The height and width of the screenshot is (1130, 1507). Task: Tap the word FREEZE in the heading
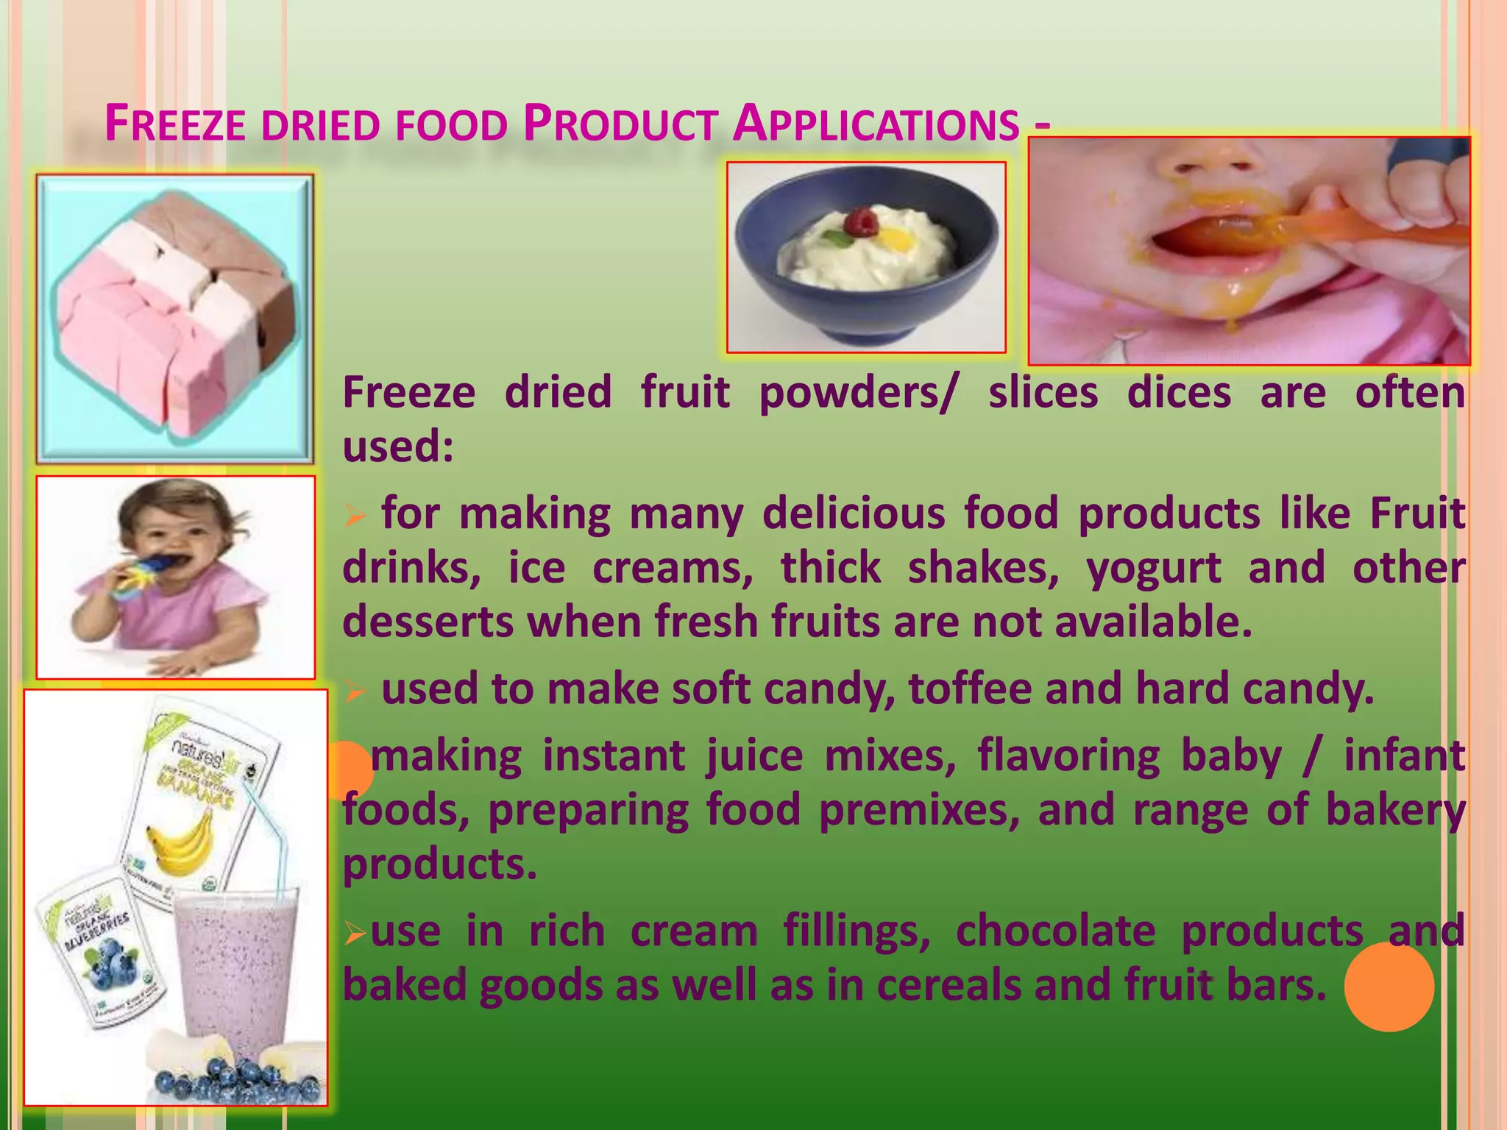click(x=175, y=124)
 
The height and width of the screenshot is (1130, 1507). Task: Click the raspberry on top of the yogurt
click(x=863, y=221)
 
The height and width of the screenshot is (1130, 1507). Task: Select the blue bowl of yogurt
click(x=866, y=257)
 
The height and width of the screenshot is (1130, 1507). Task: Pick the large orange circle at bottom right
click(x=1389, y=987)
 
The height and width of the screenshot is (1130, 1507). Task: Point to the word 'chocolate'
click(x=1055, y=931)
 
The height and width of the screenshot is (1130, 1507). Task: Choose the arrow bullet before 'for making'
click(x=355, y=516)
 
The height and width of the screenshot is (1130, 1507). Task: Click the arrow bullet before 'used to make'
click(x=355, y=692)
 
